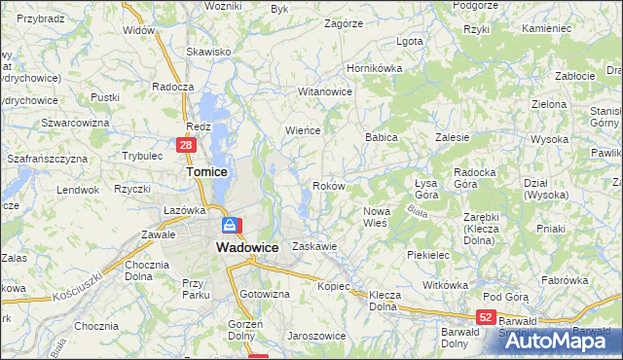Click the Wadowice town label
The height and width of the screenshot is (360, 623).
245,247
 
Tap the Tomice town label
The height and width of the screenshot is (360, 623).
206,171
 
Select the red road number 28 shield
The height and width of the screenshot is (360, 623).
187,145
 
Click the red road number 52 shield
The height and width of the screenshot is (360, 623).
487,317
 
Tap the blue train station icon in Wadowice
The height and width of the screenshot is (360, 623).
229,226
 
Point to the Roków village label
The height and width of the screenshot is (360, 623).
328,185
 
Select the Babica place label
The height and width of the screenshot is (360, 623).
382,138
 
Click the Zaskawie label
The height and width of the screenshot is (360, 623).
313,246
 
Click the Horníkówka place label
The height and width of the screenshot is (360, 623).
376,69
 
